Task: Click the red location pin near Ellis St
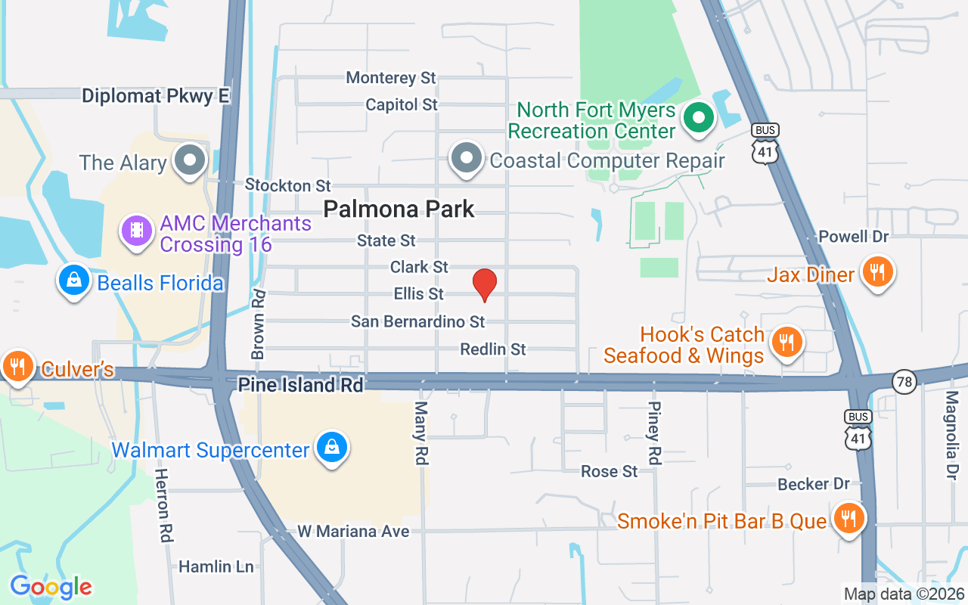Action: pyautogui.click(x=484, y=284)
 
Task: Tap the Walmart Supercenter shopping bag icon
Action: pyautogui.click(x=332, y=448)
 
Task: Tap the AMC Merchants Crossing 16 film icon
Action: pyautogui.click(x=136, y=229)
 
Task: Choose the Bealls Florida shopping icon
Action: pyautogui.click(x=74, y=281)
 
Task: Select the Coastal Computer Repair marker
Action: pyautogui.click(x=467, y=159)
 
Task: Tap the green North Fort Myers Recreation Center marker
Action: pyautogui.click(x=699, y=119)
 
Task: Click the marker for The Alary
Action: pyautogui.click(x=190, y=161)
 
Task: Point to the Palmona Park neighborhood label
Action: pyautogui.click(x=399, y=209)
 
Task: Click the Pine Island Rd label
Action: pyautogui.click(x=301, y=385)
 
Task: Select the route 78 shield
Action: pyautogui.click(x=904, y=382)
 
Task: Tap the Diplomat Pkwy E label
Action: pyautogui.click(x=155, y=96)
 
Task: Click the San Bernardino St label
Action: pyautogui.click(x=417, y=321)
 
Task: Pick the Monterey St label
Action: pyautogui.click(x=391, y=78)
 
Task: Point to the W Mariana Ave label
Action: pyautogui.click(x=353, y=531)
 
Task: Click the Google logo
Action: pyautogui.click(x=51, y=586)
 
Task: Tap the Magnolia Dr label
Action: pyautogui.click(x=951, y=435)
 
